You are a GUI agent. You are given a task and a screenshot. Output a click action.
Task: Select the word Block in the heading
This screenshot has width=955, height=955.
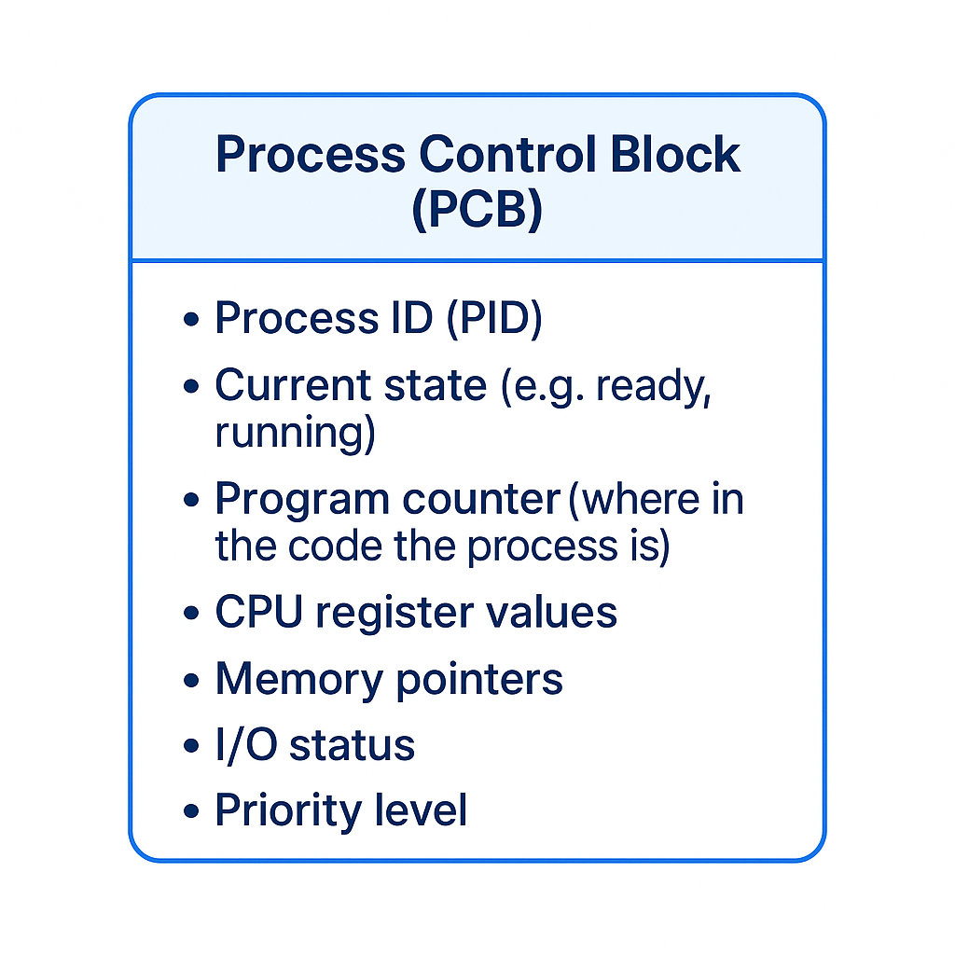coord(675,155)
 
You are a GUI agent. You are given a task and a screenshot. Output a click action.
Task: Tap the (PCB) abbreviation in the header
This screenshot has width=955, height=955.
coord(477,210)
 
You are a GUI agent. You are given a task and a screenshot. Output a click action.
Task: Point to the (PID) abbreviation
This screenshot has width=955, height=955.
coord(493,319)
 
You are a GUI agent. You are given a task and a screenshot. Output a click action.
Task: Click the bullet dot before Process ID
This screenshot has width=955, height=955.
coord(192,320)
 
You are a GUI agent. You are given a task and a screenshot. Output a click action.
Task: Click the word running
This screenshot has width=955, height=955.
coord(295,434)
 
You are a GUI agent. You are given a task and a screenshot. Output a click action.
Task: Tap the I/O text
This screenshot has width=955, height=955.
coord(243,745)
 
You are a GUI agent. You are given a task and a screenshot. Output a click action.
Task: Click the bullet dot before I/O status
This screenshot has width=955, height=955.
coord(192,747)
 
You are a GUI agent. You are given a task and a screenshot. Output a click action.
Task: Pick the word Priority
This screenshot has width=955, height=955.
coord(284,811)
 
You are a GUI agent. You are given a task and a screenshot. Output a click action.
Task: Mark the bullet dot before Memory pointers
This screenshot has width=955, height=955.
coord(192,680)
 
